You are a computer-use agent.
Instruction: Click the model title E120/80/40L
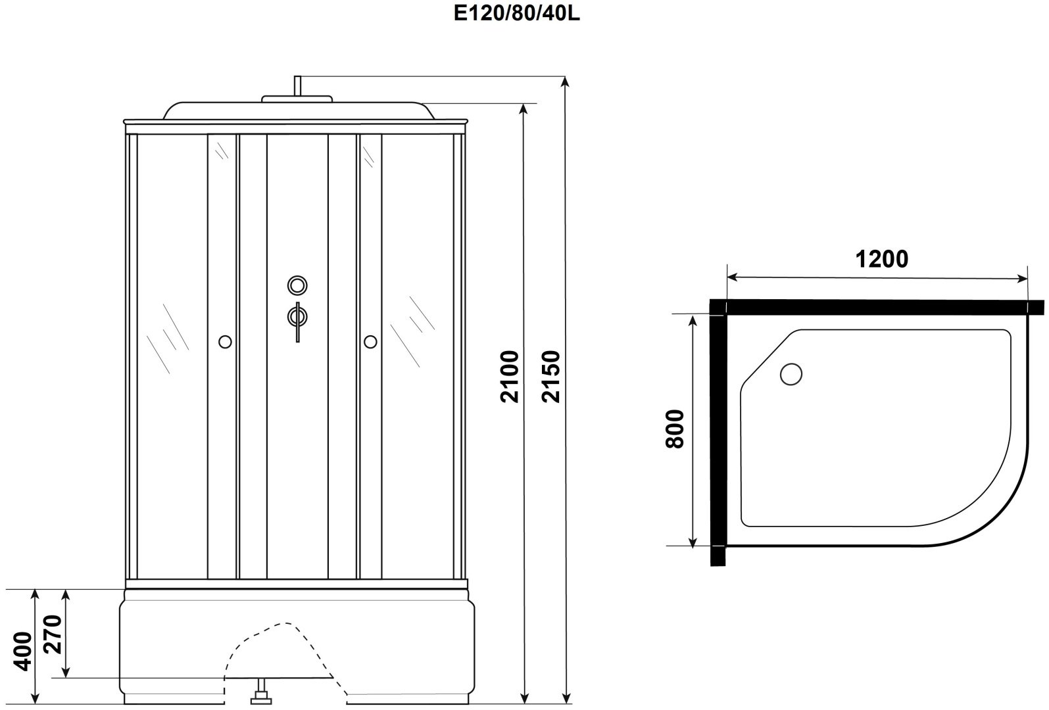[516, 14]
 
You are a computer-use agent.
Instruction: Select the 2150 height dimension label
[551, 376]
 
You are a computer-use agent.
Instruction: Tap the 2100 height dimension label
[510, 376]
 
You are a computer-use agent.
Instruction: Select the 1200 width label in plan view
[882, 259]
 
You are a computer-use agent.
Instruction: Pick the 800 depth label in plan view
[675, 429]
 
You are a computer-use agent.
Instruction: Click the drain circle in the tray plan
[791, 375]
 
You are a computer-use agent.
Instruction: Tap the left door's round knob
[225, 342]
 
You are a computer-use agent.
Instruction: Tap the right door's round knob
[370, 342]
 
